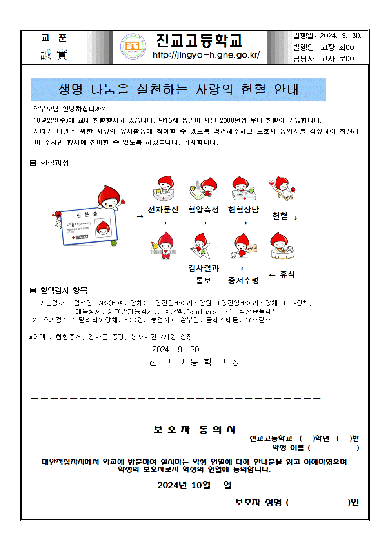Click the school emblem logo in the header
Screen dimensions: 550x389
[133, 47]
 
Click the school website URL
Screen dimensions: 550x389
[206, 55]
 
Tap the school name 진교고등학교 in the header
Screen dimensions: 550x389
[199, 40]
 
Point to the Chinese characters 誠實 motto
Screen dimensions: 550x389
[54, 54]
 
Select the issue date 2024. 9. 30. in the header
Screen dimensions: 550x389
[341, 36]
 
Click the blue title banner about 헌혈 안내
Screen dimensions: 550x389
[178, 89]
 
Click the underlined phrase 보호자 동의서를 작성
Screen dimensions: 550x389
[289, 131]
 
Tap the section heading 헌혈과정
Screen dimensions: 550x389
[55, 163]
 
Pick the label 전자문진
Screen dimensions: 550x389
[163, 210]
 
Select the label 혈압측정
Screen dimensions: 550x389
[203, 210]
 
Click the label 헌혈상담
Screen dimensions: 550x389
[244, 210]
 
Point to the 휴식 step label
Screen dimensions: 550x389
[287, 274]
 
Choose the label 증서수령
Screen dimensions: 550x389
[244, 280]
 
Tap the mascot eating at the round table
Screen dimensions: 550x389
[282, 246]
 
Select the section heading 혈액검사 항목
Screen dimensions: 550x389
[64, 290]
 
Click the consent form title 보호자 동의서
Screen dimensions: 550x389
[194, 430]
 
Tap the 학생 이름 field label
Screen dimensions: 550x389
[288, 448]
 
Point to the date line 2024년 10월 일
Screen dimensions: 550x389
[194, 485]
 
